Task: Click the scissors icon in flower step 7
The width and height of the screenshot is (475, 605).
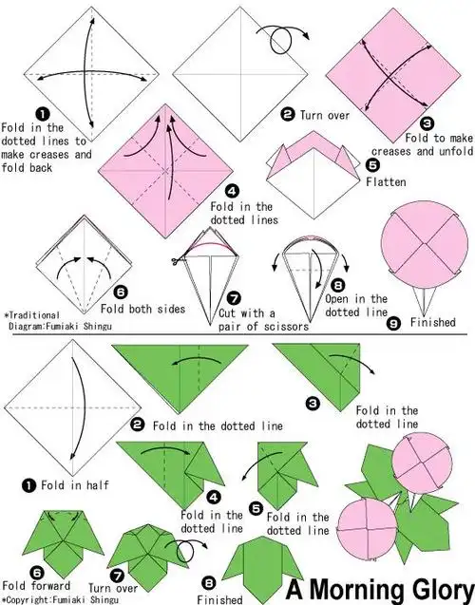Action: point(176,261)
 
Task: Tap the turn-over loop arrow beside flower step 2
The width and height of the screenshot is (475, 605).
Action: point(281,39)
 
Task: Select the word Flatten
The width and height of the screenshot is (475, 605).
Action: point(386,181)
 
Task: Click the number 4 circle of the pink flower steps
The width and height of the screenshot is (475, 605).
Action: point(232,191)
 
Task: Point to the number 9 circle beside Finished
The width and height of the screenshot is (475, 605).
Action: point(393,323)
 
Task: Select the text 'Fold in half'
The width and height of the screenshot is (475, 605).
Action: point(75,484)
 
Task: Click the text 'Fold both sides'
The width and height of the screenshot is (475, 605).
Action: point(142,309)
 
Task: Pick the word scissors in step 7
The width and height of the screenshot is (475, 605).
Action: point(286,327)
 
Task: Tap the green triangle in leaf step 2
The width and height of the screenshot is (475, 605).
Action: point(180,379)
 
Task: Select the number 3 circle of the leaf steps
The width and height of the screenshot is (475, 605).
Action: point(313,404)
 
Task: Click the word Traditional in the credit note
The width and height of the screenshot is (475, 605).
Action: point(34,315)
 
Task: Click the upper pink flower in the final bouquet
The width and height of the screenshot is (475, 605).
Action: point(422,463)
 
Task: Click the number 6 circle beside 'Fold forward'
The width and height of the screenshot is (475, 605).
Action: point(37,573)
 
